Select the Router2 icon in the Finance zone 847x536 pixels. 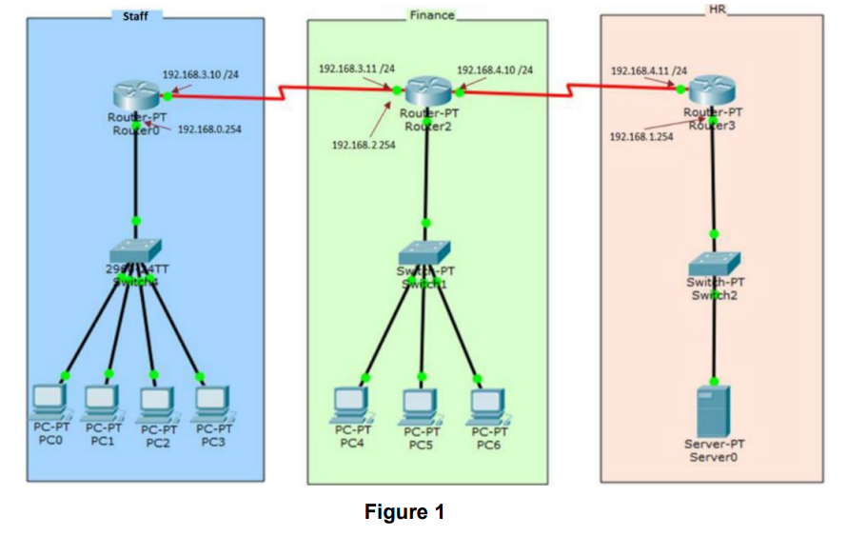[x=426, y=92]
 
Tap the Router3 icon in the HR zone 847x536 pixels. [x=712, y=91]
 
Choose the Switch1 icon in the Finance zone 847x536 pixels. [x=424, y=252]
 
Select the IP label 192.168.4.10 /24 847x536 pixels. [x=495, y=70]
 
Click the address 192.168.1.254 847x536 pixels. [x=640, y=136]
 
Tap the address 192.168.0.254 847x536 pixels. [x=209, y=129]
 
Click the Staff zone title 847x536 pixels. [x=136, y=15]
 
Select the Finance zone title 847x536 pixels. [x=431, y=15]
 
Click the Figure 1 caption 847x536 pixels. [x=404, y=512]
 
